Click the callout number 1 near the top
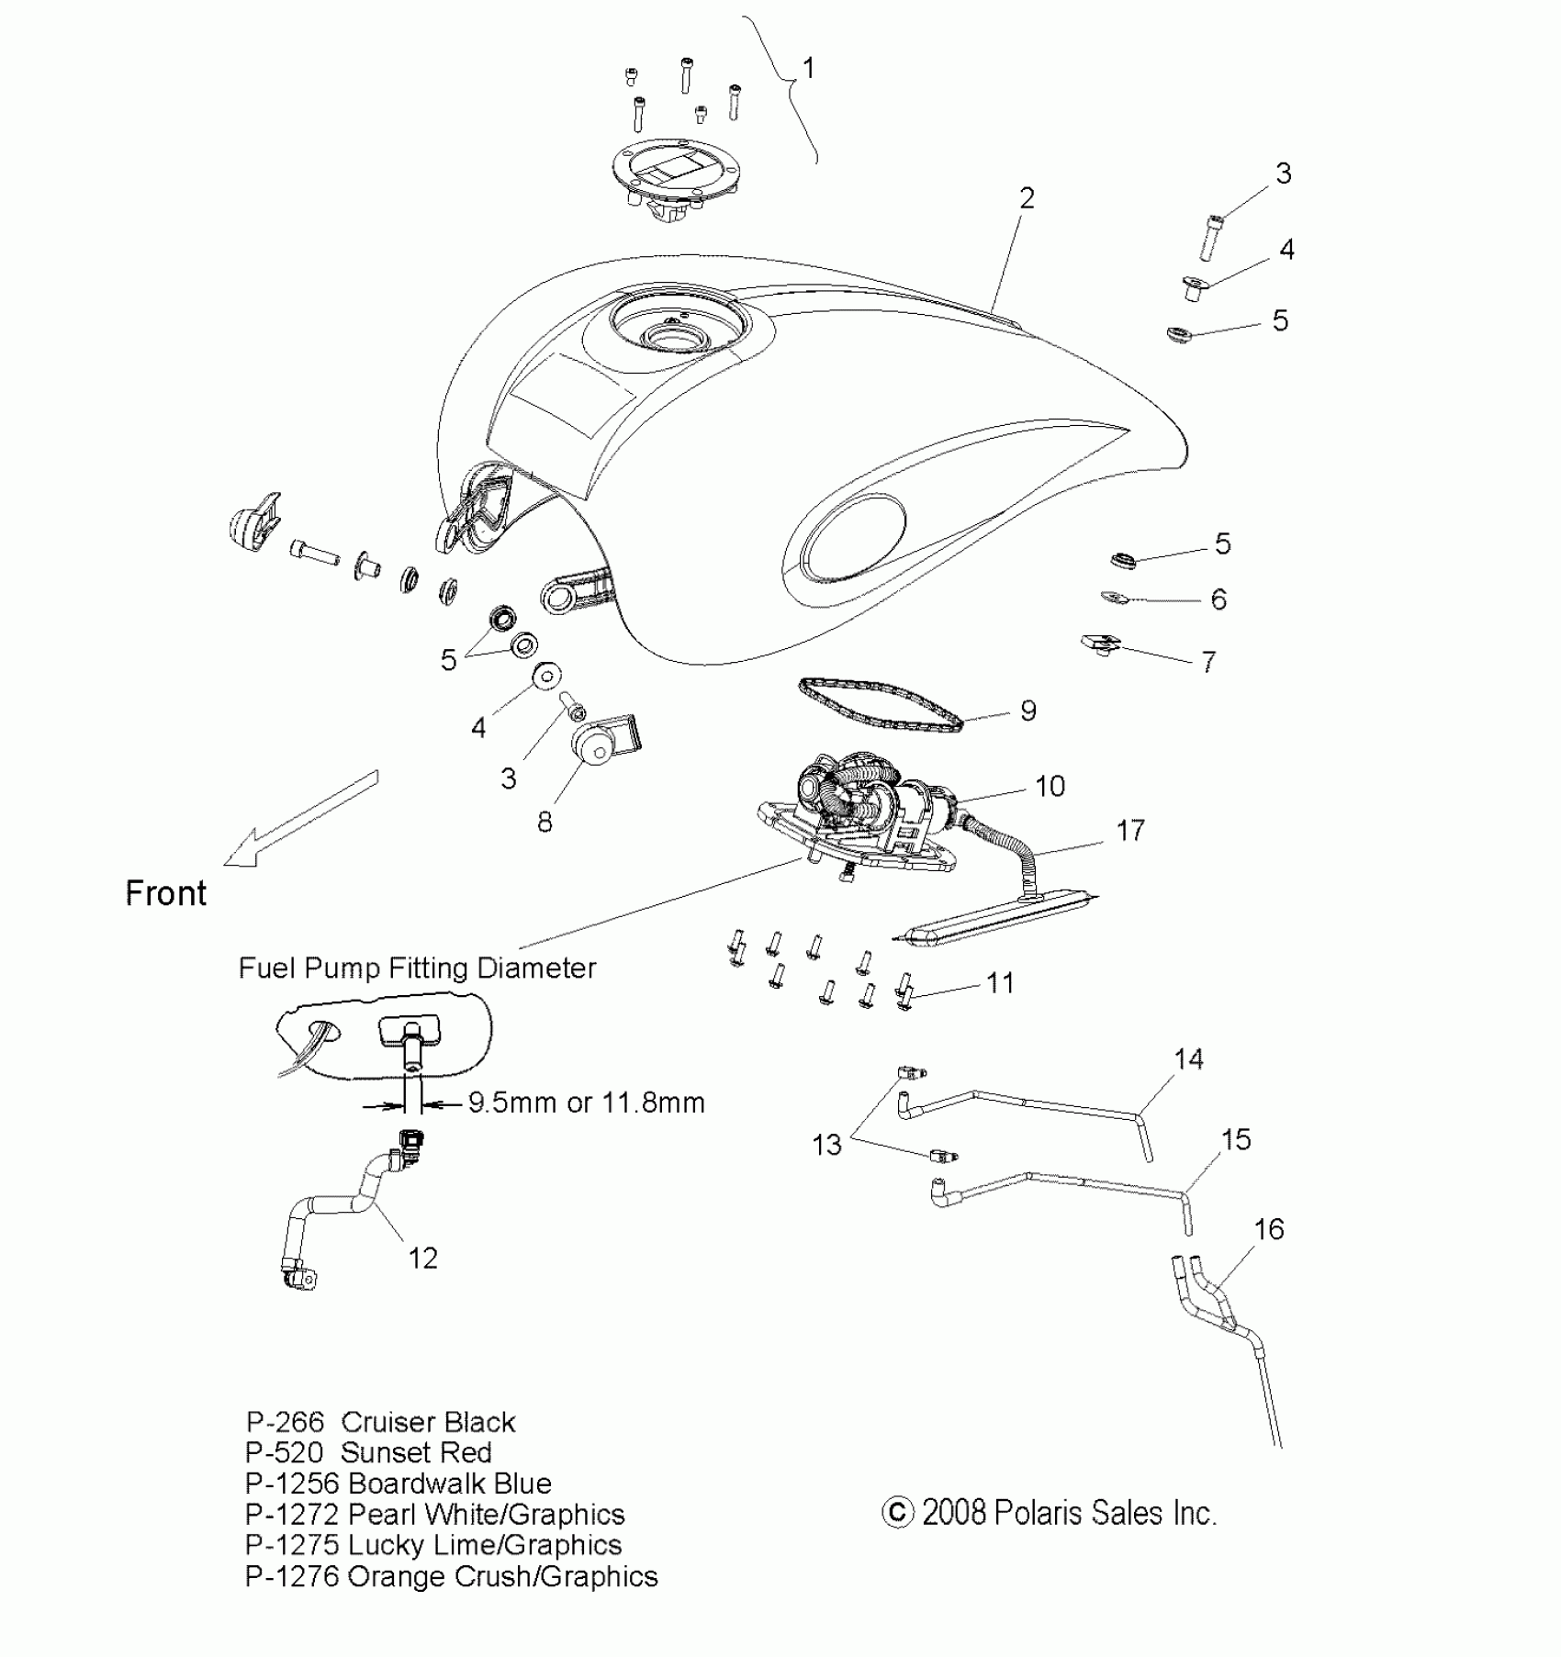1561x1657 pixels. (808, 68)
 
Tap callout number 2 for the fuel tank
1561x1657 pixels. (1027, 198)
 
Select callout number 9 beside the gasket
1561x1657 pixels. (1028, 711)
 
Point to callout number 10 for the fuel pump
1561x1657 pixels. (1050, 786)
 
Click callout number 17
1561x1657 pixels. (1130, 831)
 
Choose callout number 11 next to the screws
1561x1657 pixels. (999, 983)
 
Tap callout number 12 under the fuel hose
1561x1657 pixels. (422, 1258)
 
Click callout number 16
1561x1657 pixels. (1268, 1229)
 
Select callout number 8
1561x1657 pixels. (545, 822)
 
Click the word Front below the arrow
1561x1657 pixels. (166, 893)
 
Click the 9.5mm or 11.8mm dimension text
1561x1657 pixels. (586, 1103)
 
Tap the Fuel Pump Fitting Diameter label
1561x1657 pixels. (417, 968)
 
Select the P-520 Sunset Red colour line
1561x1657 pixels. (368, 1452)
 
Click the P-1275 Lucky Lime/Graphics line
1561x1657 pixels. (433, 1545)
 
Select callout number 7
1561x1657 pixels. (1208, 661)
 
